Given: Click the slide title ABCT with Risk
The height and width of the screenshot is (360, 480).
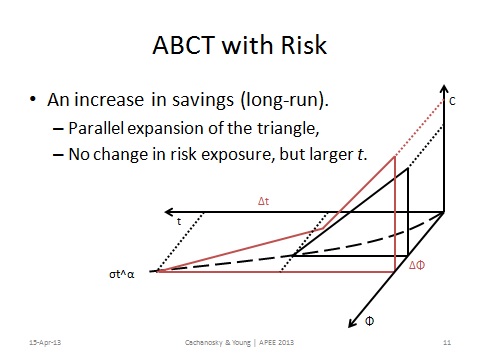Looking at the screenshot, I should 240,47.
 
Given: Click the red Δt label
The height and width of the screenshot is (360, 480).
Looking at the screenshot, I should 265,200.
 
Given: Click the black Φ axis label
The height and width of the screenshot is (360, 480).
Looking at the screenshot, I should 370,323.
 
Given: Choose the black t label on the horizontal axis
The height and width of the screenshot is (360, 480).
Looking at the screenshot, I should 180,222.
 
